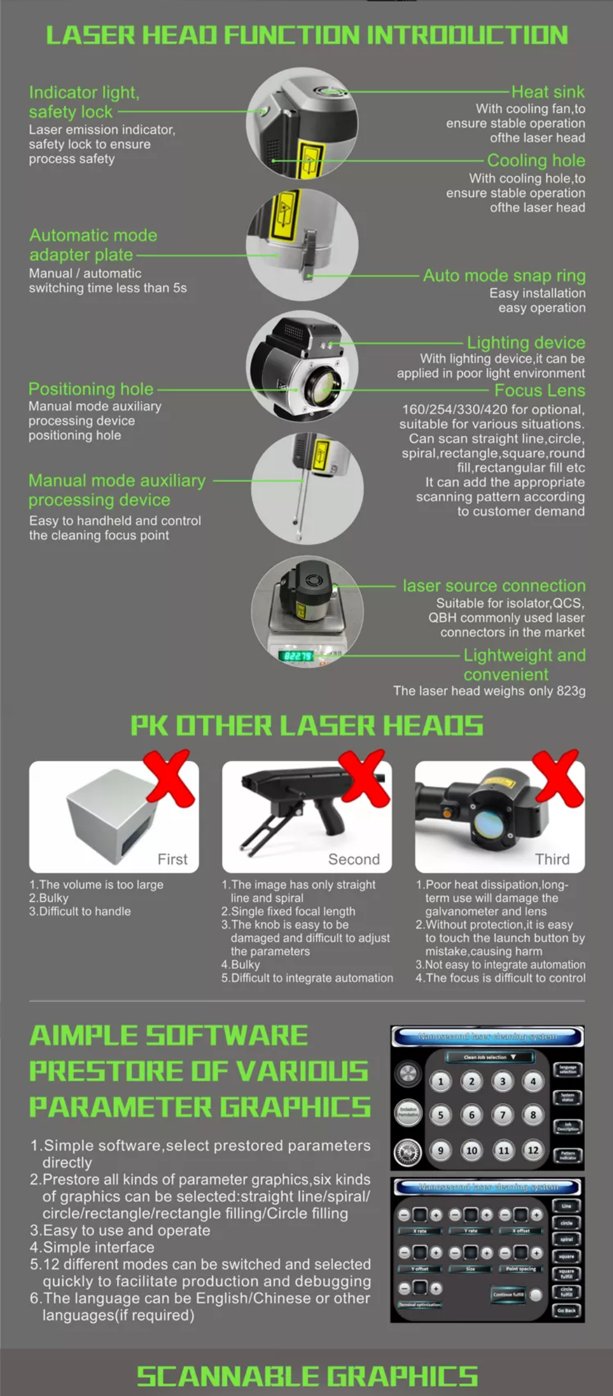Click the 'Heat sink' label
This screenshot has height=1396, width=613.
548,92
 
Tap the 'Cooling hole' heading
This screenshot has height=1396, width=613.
536,161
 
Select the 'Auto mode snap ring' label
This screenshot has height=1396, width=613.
504,276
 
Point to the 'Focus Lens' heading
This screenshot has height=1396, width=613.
540,391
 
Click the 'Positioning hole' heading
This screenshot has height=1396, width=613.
91,389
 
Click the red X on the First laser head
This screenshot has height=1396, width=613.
169,777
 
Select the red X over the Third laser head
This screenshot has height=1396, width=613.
557,777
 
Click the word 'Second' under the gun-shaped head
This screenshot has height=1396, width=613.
354,859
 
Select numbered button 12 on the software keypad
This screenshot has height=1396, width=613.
533,1150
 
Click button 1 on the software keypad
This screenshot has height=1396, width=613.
441,1081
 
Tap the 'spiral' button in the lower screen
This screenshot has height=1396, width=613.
566,1240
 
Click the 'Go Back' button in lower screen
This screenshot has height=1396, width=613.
566,1310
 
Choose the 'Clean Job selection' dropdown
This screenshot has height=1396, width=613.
490,1057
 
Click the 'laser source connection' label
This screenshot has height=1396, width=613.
494,586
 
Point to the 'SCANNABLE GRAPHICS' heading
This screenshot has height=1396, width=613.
307,1376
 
